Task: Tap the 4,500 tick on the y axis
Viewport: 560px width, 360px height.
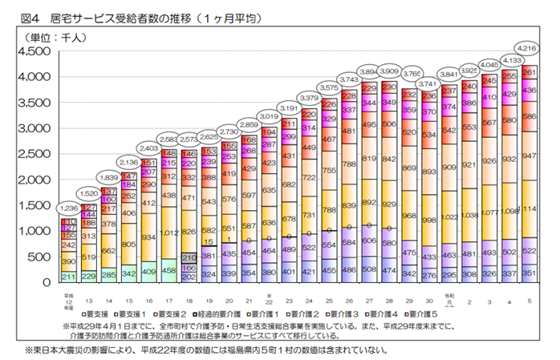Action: click(x=34, y=51)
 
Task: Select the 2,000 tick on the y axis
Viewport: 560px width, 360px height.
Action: click(x=34, y=180)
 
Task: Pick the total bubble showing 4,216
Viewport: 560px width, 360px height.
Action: click(x=530, y=47)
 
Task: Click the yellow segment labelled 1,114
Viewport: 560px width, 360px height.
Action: click(x=530, y=208)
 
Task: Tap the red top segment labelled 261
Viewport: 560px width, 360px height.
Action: click(x=530, y=72)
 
